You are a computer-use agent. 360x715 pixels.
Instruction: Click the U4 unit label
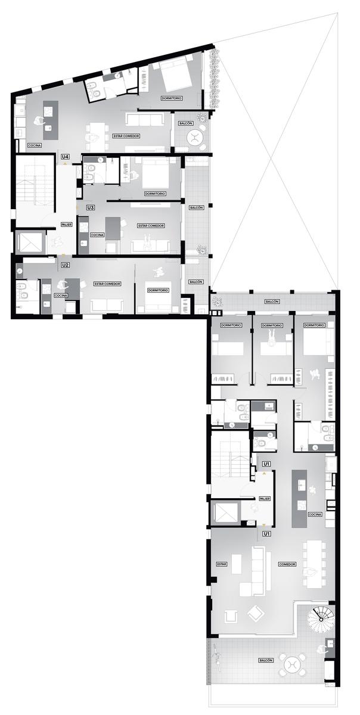[66, 157]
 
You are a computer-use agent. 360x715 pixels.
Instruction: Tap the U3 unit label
[91, 208]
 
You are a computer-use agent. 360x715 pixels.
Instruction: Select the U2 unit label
[66, 265]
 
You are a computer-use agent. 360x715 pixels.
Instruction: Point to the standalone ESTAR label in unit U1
[221, 564]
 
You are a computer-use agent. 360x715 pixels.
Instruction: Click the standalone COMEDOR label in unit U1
[287, 564]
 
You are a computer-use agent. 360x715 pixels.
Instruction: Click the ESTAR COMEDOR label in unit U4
[126, 136]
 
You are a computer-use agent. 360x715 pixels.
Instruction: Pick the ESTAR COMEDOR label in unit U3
[151, 226]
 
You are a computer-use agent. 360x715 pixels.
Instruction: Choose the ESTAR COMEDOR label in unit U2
[107, 284]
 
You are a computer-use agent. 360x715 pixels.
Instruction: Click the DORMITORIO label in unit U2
[158, 290]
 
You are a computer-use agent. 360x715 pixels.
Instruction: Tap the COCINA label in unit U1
[315, 514]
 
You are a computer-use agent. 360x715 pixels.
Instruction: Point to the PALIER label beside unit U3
[66, 225]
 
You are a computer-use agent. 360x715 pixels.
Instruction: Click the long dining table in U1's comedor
[314, 564]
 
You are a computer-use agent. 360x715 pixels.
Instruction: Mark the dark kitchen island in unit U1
[299, 499]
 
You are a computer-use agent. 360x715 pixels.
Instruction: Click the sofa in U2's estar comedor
[107, 305]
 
